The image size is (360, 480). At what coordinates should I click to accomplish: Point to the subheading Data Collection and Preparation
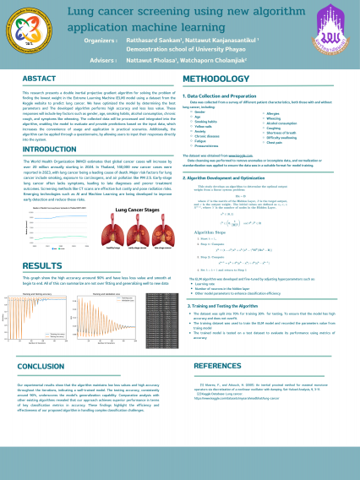coord(224,96)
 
